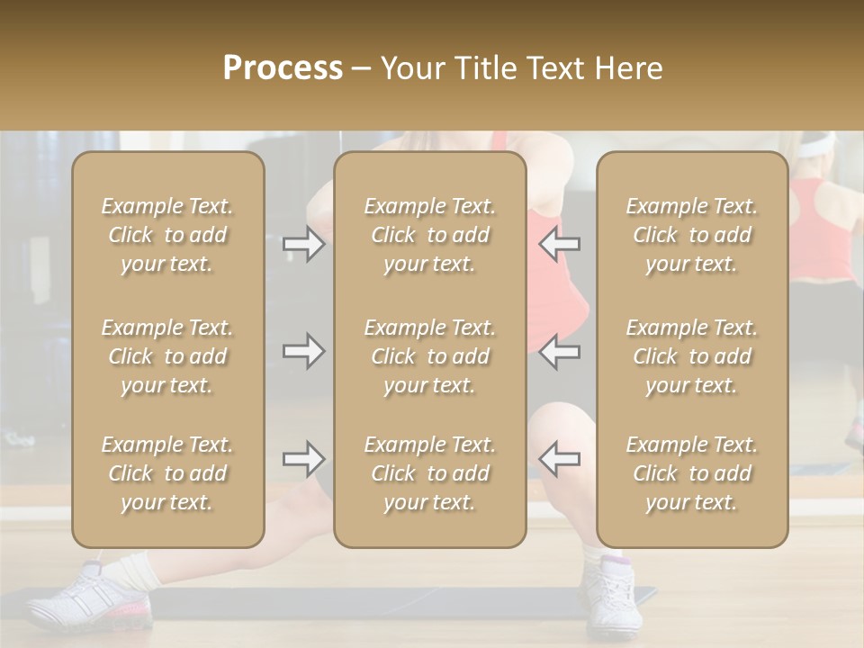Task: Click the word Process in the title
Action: click(283, 68)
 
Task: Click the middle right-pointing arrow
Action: click(303, 351)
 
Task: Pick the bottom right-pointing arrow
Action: click(303, 460)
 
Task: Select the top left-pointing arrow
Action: click(559, 243)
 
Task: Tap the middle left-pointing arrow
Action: click(559, 351)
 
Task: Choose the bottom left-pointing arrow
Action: click(559, 459)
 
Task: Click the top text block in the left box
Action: click(167, 235)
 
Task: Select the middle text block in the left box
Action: click(167, 356)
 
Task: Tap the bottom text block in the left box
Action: click(167, 473)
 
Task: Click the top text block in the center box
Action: click(429, 235)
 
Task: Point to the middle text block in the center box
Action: click(429, 356)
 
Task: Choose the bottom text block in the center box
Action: click(429, 473)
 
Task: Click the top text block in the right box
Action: click(692, 235)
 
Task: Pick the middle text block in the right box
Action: click(692, 356)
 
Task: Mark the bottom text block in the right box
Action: click(692, 473)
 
